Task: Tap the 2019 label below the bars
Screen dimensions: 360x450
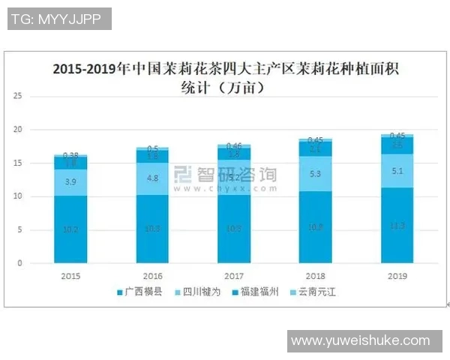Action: pyautogui.click(x=397, y=275)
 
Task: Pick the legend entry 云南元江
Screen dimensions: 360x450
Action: pyautogui.click(x=314, y=291)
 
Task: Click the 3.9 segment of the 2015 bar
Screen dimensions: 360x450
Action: pyautogui.click(x=70, y=182)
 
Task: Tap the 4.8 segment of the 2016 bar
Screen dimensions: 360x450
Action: pyautogui.click(x=153, y=178)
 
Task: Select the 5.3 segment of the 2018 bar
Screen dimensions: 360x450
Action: pyautogui.click(x=315, y=174)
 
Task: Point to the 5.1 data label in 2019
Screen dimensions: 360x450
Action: pyautogui.click(x=397, y=170)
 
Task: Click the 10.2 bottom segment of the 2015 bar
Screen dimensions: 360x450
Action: pyautogui.click(x=70, y=229)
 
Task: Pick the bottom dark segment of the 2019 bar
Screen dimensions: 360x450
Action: pyautogui.click(x=397, y=226)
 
